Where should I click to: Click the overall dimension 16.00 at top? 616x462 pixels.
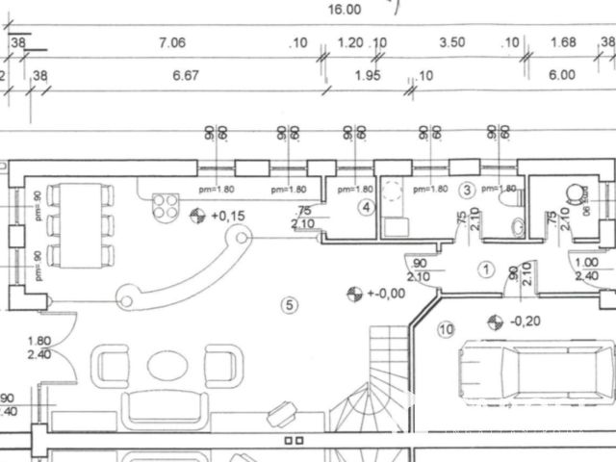click(x=344, y=10)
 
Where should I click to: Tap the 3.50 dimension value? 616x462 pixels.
click(x=451, y=41)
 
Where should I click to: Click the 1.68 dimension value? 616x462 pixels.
click(x=562, y=41)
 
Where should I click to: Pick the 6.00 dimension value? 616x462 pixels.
click(x=561, y=74)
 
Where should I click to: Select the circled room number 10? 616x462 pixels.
click(x=445, y=330)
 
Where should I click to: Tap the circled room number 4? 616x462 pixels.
click(x=366, y=206)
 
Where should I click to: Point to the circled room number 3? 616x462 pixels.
click(x=468, y=190)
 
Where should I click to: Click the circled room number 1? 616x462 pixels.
click(x=486, y=270)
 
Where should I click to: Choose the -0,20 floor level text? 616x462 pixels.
click(x=525, y=321)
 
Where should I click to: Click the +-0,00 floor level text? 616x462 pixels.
click(x=385, y=293)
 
